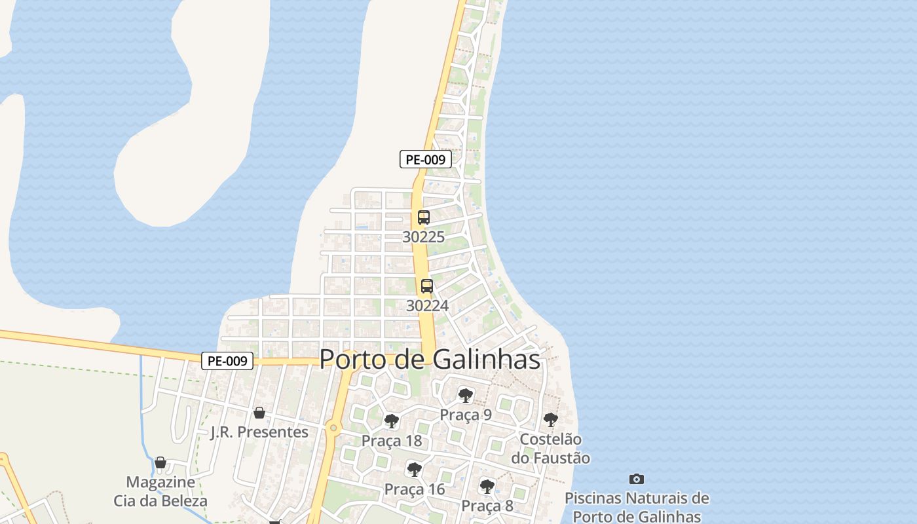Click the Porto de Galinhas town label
point(430,360)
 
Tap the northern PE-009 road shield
point(426,159)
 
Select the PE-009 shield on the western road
point(227,361)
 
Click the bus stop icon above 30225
point(424,217)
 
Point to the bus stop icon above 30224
point(427,286)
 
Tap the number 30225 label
point(423,237)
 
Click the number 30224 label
point(427,306)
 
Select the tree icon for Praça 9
point(466,395)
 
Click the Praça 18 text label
point(392,441)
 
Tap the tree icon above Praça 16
point(414,469)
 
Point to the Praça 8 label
point(487,506)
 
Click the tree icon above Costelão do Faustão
point(551,419)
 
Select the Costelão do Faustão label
point(550,449)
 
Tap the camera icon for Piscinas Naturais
point(636,479)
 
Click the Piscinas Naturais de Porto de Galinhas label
point(637,508)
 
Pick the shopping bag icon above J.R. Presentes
point(259,413)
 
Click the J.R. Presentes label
point(259,432)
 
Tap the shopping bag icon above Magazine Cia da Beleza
point(160,462)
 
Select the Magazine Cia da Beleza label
point(160,492)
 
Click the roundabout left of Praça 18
point(333,428)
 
